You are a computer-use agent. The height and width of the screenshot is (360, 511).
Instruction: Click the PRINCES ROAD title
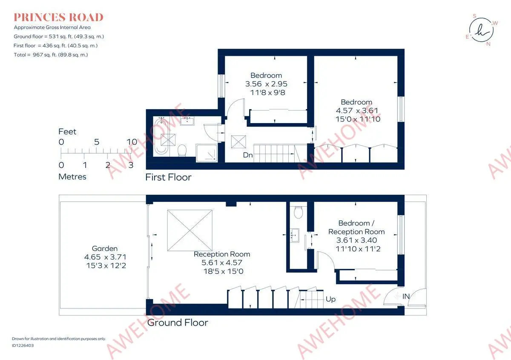pos(58,17)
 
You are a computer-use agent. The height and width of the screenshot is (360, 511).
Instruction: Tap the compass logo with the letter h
pos(481,30)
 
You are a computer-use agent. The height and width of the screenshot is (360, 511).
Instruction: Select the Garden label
pos(105,248)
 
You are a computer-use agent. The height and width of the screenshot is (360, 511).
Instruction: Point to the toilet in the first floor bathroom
pos(182,150)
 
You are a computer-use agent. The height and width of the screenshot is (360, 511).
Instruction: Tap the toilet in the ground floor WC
pos(299,212)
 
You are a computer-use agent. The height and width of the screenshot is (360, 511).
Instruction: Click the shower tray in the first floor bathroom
pos(207,153)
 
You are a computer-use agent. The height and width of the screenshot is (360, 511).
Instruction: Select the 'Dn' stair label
pos(248,155)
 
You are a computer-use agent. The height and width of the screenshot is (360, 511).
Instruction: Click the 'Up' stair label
pos(330,299)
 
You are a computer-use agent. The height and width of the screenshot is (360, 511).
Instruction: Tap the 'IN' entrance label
pos(406,297)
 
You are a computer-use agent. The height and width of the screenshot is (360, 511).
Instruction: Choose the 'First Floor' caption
pos(168,177)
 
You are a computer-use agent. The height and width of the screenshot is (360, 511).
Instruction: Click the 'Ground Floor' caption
pos(178,323)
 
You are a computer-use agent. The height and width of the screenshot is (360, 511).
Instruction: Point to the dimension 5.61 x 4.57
pos(222,262)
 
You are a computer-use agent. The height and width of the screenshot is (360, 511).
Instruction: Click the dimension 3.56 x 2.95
pos(266,84)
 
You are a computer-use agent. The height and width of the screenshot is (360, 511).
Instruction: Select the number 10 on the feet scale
pos(132,142)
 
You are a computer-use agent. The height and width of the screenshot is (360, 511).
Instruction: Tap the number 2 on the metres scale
pos(108,165)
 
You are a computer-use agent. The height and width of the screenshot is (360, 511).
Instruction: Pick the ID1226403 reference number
pos(23,346)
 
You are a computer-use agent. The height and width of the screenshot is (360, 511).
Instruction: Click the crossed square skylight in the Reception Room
pos(190,230)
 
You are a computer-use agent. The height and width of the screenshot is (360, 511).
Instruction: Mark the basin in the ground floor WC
pos(295,235)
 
